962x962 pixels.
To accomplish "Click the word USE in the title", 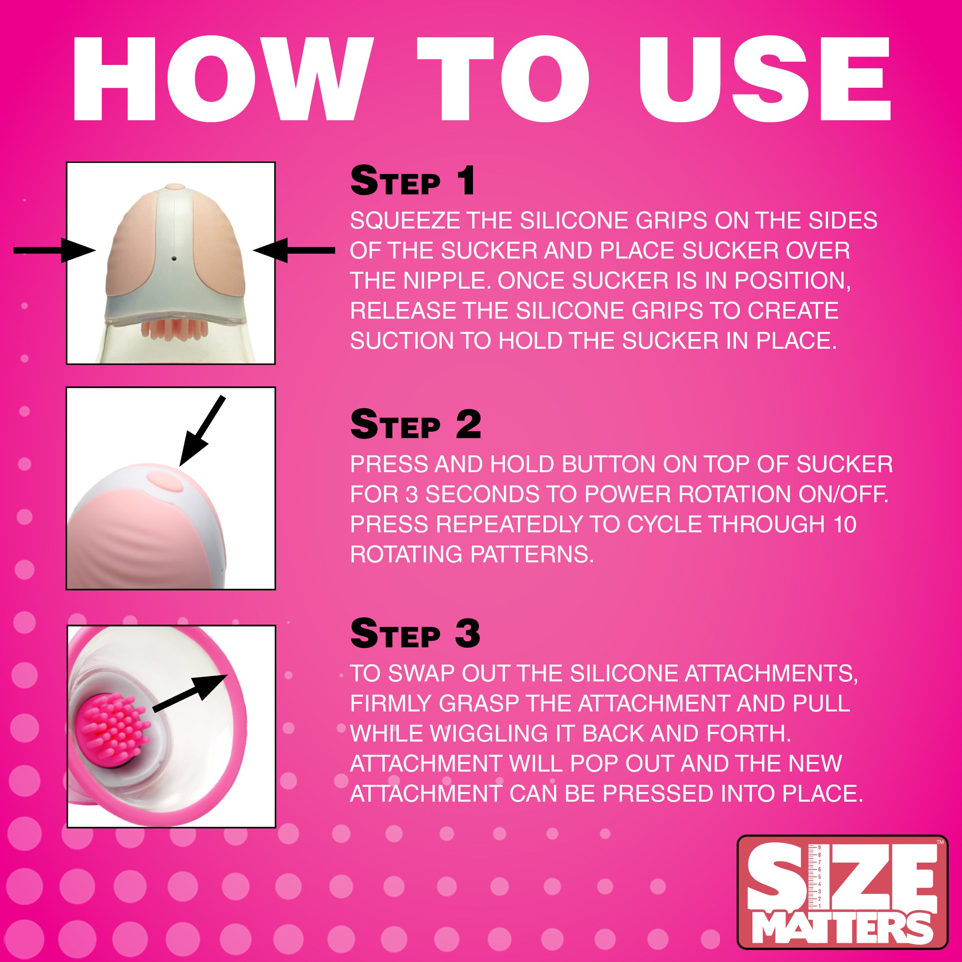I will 764,80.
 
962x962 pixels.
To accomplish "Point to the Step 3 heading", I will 415,634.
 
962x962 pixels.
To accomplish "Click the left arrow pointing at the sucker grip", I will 55,250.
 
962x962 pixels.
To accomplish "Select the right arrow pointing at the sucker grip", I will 294,250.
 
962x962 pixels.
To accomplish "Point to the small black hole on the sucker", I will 174,259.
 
